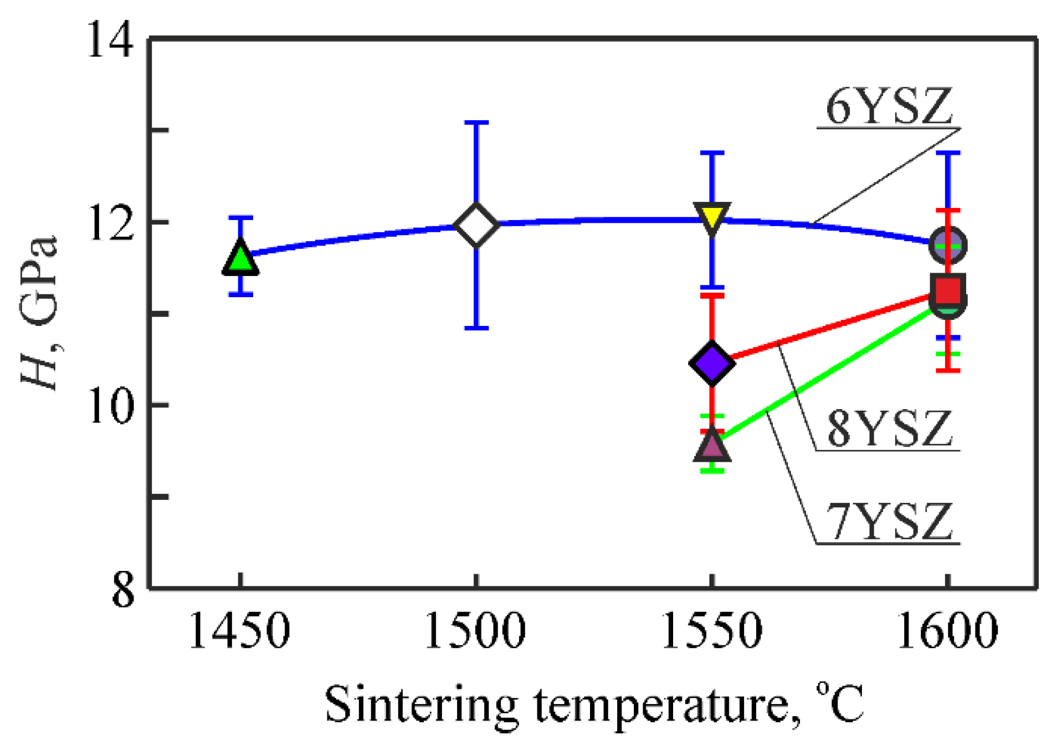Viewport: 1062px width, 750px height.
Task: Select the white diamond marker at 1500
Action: (476, 225)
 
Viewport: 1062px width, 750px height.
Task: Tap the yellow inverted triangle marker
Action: (712, 217)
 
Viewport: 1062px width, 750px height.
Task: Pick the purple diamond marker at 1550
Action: (712, 364)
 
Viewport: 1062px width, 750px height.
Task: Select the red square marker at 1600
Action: (948, 289)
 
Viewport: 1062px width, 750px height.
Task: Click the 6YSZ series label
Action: (889, 106)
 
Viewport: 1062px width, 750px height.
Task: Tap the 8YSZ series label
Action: (889, 429)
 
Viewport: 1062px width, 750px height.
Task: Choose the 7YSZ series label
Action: (889, 522)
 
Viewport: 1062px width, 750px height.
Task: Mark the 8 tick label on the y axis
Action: (123, 590)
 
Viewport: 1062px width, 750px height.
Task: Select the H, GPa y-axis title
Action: (39, 313)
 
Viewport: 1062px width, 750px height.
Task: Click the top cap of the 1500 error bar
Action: (476, 123)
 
